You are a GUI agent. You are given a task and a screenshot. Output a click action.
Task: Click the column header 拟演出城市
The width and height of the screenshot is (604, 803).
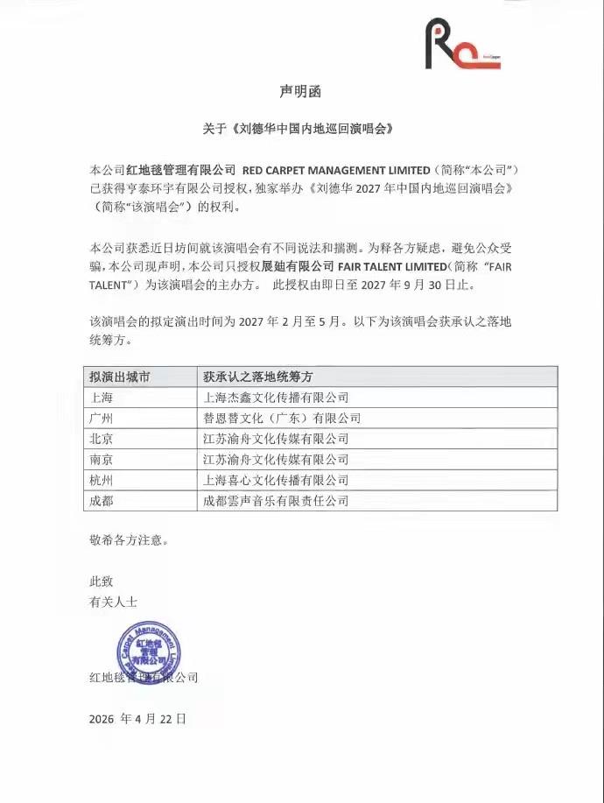119,377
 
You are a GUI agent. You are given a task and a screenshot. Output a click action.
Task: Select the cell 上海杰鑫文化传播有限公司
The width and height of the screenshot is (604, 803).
275,398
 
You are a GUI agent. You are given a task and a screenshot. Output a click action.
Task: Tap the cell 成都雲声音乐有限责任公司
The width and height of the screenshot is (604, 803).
275,501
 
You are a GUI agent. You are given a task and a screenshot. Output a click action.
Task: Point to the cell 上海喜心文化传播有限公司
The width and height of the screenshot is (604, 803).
275,480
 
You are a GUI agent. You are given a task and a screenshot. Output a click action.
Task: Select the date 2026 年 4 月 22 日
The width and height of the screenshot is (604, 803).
137,719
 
